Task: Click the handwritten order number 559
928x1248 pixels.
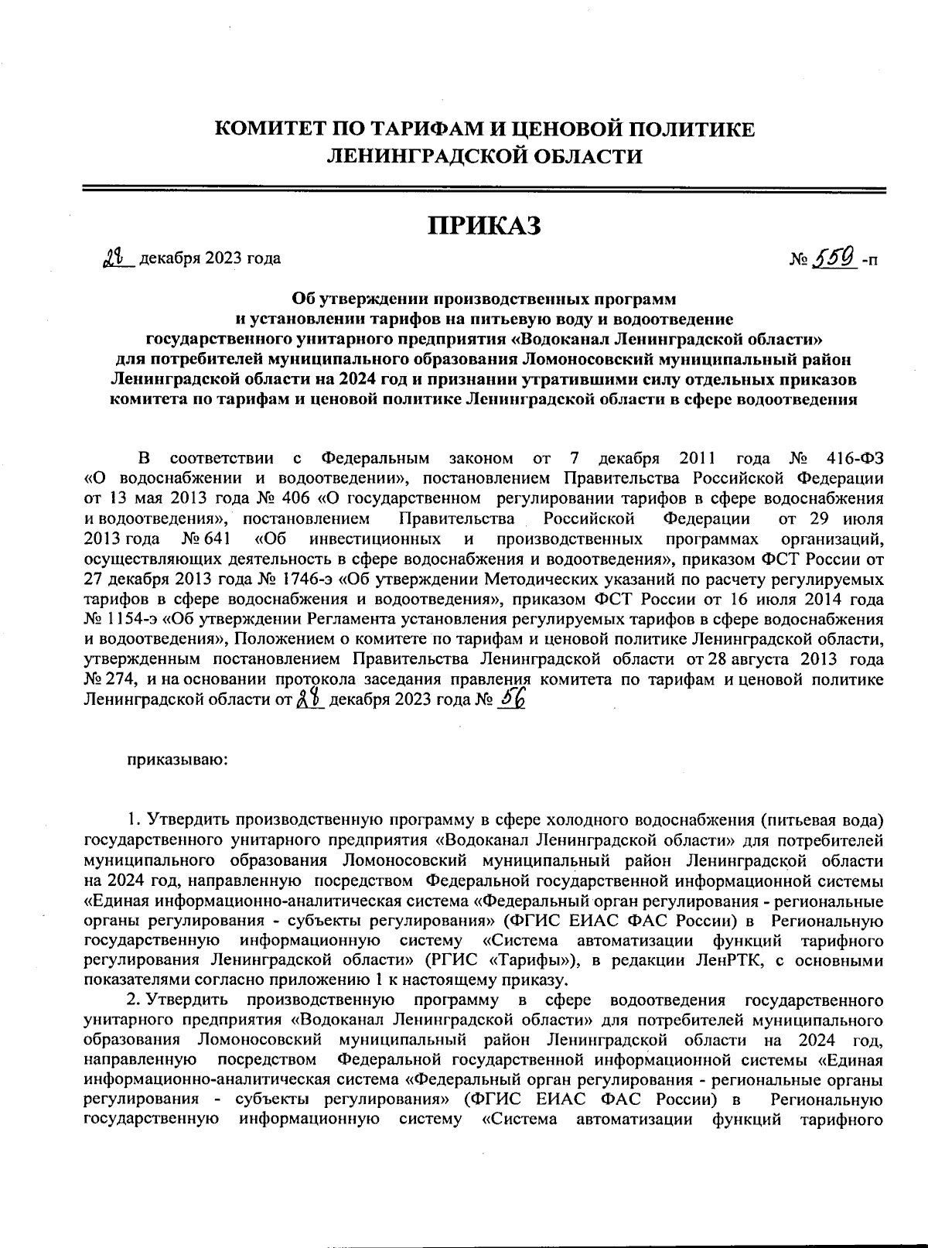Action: point(834,255)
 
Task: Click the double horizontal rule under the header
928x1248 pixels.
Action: point(484,188)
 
